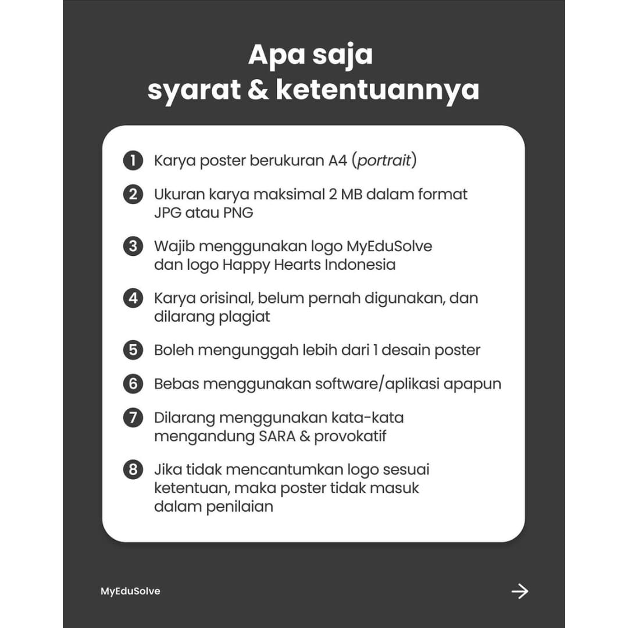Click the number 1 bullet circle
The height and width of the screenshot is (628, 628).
click(x=133, y=160)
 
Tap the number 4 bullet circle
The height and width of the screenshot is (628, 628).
click(x=133, y=298)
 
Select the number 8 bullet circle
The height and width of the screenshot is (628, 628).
click(x=133, y=469)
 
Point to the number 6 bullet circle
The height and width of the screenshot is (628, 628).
click(x=133, y=384)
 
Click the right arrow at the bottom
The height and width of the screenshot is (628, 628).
click(x=519, y=591)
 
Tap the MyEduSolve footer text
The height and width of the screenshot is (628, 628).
click(x=130, y=591)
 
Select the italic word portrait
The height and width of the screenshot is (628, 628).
click(x=384, y=160)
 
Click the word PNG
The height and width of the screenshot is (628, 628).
click(x=238, y=212)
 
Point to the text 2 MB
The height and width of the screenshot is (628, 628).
click(x=344, y=194)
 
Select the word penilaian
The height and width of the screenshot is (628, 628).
click(x=240, y=506)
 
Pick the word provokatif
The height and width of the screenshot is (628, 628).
click(x=351, y=436)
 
